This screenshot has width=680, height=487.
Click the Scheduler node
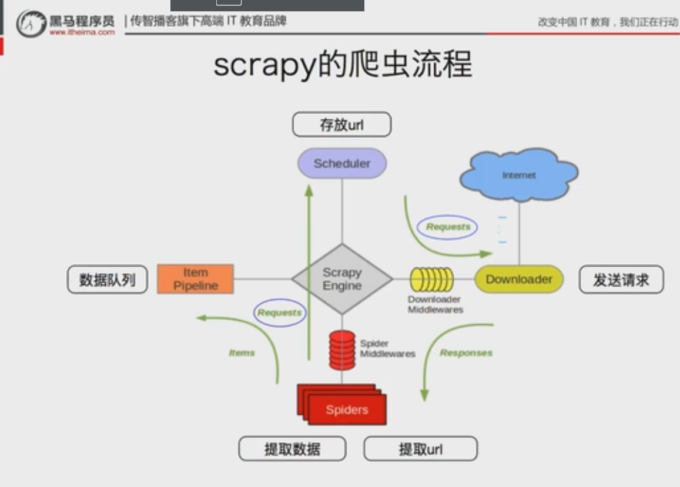tap(342, 163)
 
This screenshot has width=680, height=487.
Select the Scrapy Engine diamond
tap(342, 279)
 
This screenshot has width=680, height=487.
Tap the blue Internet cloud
tap(519, 175)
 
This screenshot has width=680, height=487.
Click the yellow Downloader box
tap(518, 279)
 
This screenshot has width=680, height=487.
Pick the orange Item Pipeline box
tap(195, 279)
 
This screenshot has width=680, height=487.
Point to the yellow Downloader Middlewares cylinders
tap(431, 280)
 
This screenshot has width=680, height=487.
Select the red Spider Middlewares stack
tap(341, 350)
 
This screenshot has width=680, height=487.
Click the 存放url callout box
tap(341, 125)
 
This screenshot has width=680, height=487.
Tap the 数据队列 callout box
tap(107, 280)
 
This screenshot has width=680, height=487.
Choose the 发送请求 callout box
tap(621, 280)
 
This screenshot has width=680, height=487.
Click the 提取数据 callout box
tap(292, 449)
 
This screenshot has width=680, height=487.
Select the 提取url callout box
tap(420, 449)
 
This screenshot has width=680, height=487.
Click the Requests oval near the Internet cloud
tap(448, 227)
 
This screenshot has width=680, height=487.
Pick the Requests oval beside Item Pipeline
tap(279, 313)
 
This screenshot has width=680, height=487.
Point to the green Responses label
tap(466, 353)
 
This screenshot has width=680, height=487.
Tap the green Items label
tap(242, 353)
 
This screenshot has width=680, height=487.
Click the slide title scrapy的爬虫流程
tap(342, 64)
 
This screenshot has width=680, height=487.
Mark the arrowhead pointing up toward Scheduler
tap(309, 191)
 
